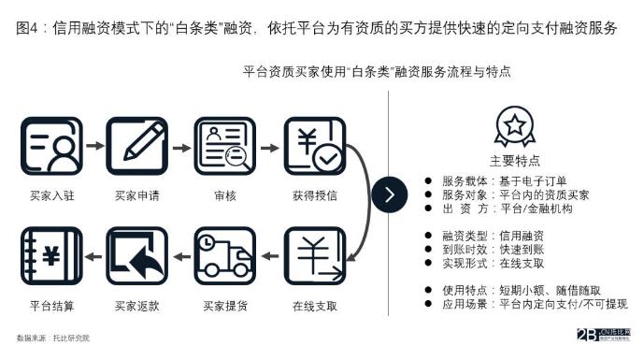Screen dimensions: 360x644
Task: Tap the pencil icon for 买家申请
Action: click(x=137, y=148)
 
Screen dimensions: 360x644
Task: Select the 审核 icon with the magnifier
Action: click(x=224, y=148)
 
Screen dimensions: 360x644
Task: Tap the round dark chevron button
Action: click(x=390, y=195)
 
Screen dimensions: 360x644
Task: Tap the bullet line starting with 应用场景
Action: click(x=525, y=304)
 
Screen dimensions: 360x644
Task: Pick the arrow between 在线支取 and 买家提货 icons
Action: click(x=269, y=254)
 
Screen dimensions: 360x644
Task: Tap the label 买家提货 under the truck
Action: click(x=224, y=306)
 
